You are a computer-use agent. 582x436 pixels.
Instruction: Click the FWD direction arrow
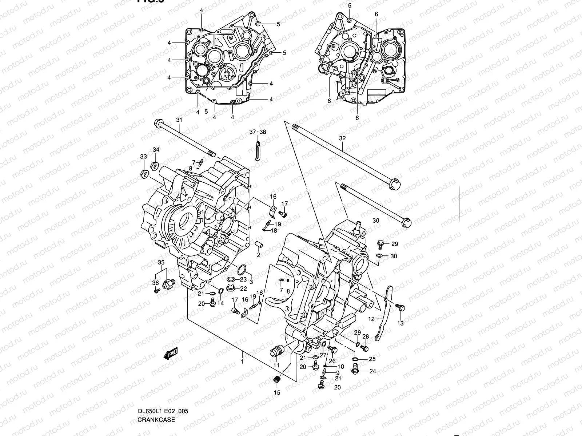click(170, 354)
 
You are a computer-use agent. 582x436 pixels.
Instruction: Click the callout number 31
click(179, 120)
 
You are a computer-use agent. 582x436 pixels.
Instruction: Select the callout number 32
click(342, 138)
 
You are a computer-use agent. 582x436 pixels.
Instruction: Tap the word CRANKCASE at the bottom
click(156, 420)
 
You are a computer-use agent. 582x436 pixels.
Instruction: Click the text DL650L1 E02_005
click(163, 411)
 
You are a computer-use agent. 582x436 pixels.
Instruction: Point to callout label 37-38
click(258, 132)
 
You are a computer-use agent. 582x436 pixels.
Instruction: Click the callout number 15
click(277, 392)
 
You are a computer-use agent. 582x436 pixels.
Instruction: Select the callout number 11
click(276, 365)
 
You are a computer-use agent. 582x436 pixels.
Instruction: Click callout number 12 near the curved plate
click(371, 319)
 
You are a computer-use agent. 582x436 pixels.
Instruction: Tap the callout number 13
click(400, 323)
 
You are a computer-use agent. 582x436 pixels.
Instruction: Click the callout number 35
click(161, 262)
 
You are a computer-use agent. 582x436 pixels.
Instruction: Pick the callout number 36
click(155, 283)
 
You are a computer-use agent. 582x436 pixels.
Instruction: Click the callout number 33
click(144, 156)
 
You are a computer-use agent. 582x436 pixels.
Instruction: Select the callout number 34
click(156, 150)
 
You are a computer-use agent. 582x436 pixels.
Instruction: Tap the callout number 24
click(372, 371)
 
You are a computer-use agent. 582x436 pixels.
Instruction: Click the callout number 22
click(243, 288)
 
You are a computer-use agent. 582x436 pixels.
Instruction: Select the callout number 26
click(332, 361)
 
